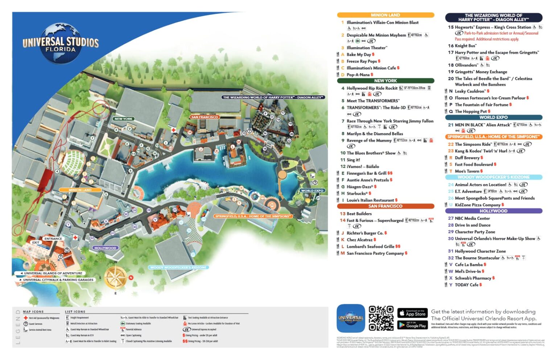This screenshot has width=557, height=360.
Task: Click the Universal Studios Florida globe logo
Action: pos(61,43)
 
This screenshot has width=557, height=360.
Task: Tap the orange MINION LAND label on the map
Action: pos(80,190)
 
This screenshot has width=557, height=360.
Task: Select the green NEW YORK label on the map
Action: pos(123,119)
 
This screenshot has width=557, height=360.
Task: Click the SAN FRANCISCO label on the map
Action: pos(205,117)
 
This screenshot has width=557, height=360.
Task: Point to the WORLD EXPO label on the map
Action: pos(312,191)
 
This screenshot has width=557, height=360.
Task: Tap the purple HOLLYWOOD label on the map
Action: pos(105,248)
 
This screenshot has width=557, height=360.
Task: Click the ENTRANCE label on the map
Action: pos(53,239)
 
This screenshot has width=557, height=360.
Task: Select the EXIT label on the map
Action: pos(36,243)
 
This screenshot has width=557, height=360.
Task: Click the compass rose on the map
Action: pos(116,278)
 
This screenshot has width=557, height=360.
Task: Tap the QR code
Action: pos(381,318)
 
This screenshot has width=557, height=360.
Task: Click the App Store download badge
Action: pos(412,313)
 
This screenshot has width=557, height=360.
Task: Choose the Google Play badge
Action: pos(412,325)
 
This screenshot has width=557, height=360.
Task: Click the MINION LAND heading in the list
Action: pos(385,15)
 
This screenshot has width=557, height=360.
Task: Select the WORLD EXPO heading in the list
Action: pos(493,117)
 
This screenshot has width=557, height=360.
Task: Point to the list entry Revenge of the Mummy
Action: pos(369,141)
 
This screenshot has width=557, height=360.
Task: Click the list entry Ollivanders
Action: pos(466,65)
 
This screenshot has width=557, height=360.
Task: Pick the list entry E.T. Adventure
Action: pos(468,191)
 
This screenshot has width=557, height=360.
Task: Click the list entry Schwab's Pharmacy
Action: pos(473,278)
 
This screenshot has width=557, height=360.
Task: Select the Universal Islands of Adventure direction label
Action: pos(53,273)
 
